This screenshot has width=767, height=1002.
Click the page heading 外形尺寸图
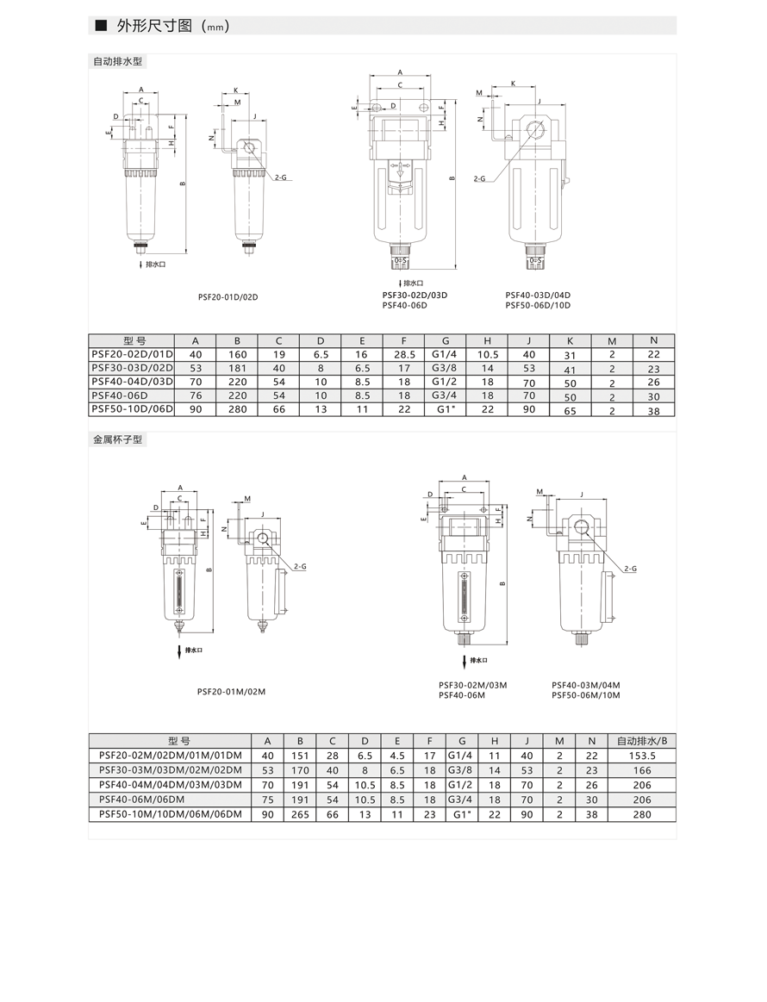pyautogui.click(x=154, y=26)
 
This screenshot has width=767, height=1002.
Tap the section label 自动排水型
pyautogui.click(x=117, y=62)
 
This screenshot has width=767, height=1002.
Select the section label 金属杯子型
pyautogui.click(x=117, y=439)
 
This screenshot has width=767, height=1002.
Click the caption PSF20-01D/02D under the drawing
pyautogui.click(x=228, y=297)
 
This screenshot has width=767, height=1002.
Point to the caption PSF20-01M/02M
pyautogui.click(x=231, y=692)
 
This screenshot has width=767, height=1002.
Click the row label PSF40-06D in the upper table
pyautogui.click(x=116, y=395)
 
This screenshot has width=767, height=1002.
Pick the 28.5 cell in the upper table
pyautogui.click(x=404, y=354)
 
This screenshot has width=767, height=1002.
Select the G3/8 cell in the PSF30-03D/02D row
pyautogui.click(x=446, y=368)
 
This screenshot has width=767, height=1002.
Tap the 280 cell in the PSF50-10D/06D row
pyautogui.click(x=237, y=409)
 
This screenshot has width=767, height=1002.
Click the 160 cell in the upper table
pyautogui.click(x=237, y=354)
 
